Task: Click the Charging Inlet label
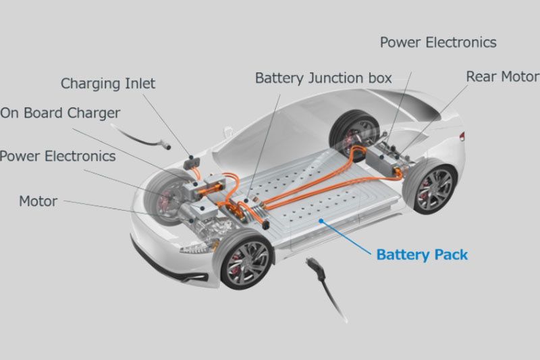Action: [108, 84]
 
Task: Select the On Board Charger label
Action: [60, 113]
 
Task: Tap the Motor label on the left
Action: [38, 201]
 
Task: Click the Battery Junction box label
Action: [323, 78]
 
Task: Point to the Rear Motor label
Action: [503, 76]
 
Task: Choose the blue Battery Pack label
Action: [422, 255]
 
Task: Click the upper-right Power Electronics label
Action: [438, 43]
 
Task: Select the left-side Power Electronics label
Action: [57, 156]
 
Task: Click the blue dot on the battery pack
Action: [321, 220]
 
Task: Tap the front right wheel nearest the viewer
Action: [244, 259]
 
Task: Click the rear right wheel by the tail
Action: [431, 186]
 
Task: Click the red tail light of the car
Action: [462, 136]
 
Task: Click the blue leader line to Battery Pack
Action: [346, 237]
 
